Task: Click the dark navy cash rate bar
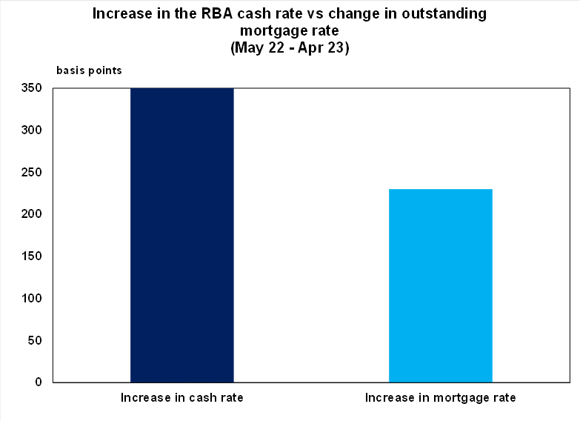(182, 235)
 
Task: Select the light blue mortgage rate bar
(440, 285)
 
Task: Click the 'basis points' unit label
(90, 71)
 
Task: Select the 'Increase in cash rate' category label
(182, 398)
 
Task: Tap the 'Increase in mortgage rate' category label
(440, 398)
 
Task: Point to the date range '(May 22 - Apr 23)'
(290, 48)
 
